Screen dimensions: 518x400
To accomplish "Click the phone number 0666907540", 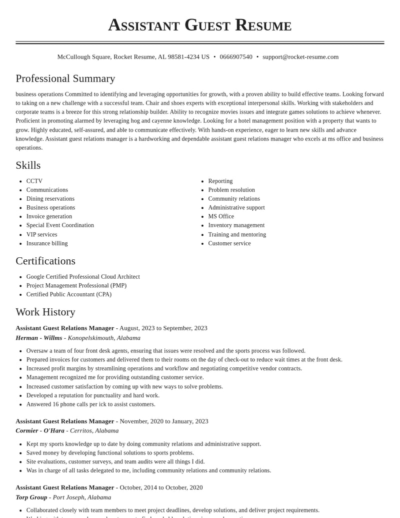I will click(x=236, y=57).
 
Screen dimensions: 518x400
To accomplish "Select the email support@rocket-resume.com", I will click(x=300, y=57).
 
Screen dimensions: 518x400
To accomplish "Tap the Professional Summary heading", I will click(x=65, y=79).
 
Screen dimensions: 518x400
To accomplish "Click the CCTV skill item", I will click(x=34, y=181).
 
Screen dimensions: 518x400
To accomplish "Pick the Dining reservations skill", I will click(x=50, y=199).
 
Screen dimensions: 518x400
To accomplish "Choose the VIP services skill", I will click(x=41, y=234).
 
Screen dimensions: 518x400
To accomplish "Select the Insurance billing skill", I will click(x=47, y=243).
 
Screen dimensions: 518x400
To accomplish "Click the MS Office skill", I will click(x=221, y=216).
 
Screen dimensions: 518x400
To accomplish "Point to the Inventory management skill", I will click(x=236, y=225).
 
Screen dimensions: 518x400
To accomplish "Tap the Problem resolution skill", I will click(x=231, y=190).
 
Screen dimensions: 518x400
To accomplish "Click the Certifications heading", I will click(x=45, y=261).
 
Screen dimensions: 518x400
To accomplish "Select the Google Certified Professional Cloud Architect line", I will click(x=83, y=277).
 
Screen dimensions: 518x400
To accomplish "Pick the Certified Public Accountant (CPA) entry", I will click(x=69, y=294).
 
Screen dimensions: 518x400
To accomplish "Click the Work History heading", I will click(x=45, y=312).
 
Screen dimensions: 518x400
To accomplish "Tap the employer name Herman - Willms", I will click(x=39, y=338).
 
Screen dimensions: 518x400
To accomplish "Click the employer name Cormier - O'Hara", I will click(x=40, y=430).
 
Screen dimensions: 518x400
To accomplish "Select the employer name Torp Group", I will click(x=31, y=497).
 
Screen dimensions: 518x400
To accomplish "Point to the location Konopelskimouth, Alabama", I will click(x=104, y=338).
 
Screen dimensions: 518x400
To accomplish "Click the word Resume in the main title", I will click(x=263, y=25).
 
